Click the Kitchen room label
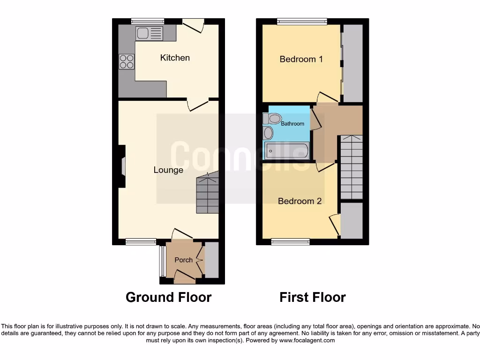click(175, 58)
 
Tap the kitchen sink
click(149, 33)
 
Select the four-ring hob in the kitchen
click(127, 62)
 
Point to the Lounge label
click(168, 170)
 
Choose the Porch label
click(183, 260)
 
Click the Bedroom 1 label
click(301, 59)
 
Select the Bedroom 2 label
click(300, 201)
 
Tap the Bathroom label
click(292, 124)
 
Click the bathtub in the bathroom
click(286, 151)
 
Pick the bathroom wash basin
click(268, 133)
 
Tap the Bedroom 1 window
click(302, 21)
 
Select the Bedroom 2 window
click(290, 242)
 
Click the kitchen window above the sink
click(147, 21)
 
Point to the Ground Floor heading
click(168, 297)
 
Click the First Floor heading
click(313, 297)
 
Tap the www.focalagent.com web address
click(307, 340)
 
